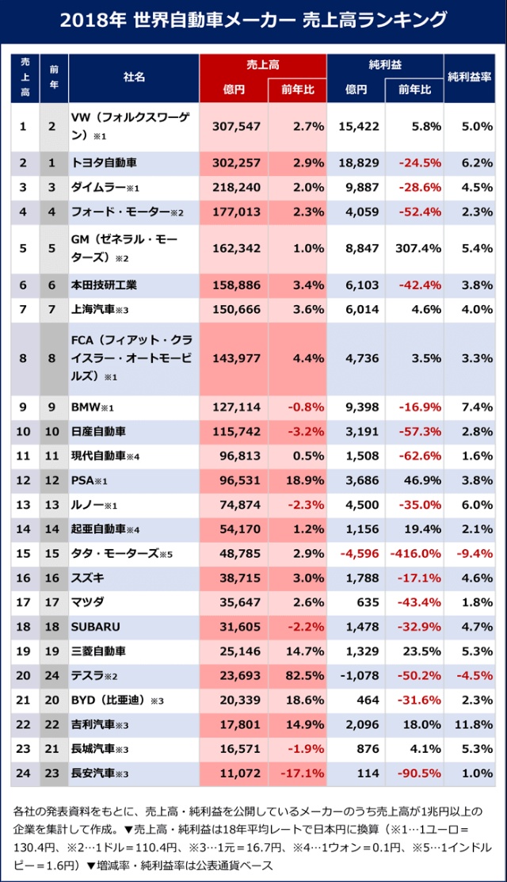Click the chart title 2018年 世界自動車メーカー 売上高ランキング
tap(253, 20)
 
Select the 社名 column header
tap(134, 78)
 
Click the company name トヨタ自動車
tap(104, 162)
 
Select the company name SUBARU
tap(96, 627)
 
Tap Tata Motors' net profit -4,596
tap(357, 554)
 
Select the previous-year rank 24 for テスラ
tap(52, 676)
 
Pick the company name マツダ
tap(88, 602)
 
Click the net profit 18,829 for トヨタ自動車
tap(357, 162)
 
